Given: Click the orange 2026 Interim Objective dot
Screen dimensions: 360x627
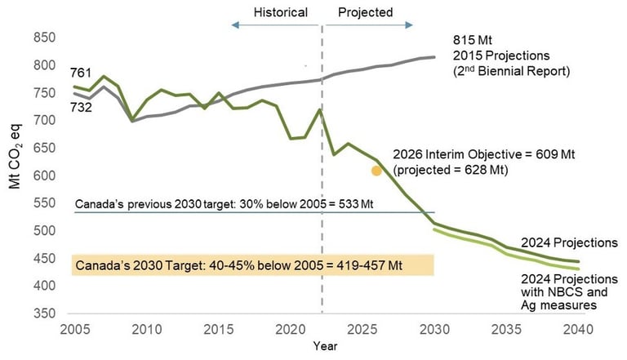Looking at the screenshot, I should (x=376, y=171).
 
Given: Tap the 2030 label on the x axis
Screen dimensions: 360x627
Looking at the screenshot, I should (x=433, y=329).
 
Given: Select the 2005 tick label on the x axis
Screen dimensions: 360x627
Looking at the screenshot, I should (x=74, y=329).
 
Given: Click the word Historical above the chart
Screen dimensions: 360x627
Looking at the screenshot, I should (x=280, y=12).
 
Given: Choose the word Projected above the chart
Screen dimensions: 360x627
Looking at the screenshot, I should (x=365, y=12).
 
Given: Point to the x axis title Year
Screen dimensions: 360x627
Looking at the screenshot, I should (x=324, y=345).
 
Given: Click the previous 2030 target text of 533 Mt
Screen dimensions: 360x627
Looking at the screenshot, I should (x=224, y=202).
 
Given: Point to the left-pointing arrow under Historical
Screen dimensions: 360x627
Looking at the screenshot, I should (x=235, y=27).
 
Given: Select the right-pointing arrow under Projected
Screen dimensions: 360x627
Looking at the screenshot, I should (x=410, y=27).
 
